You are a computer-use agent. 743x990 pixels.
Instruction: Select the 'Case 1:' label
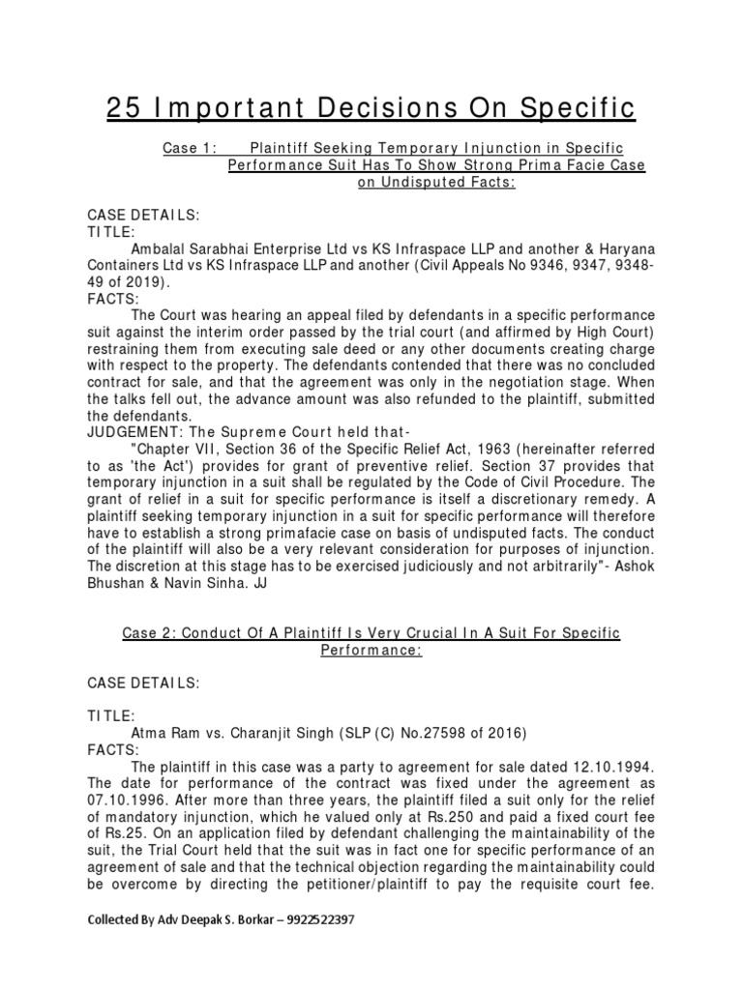point(189,147)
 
